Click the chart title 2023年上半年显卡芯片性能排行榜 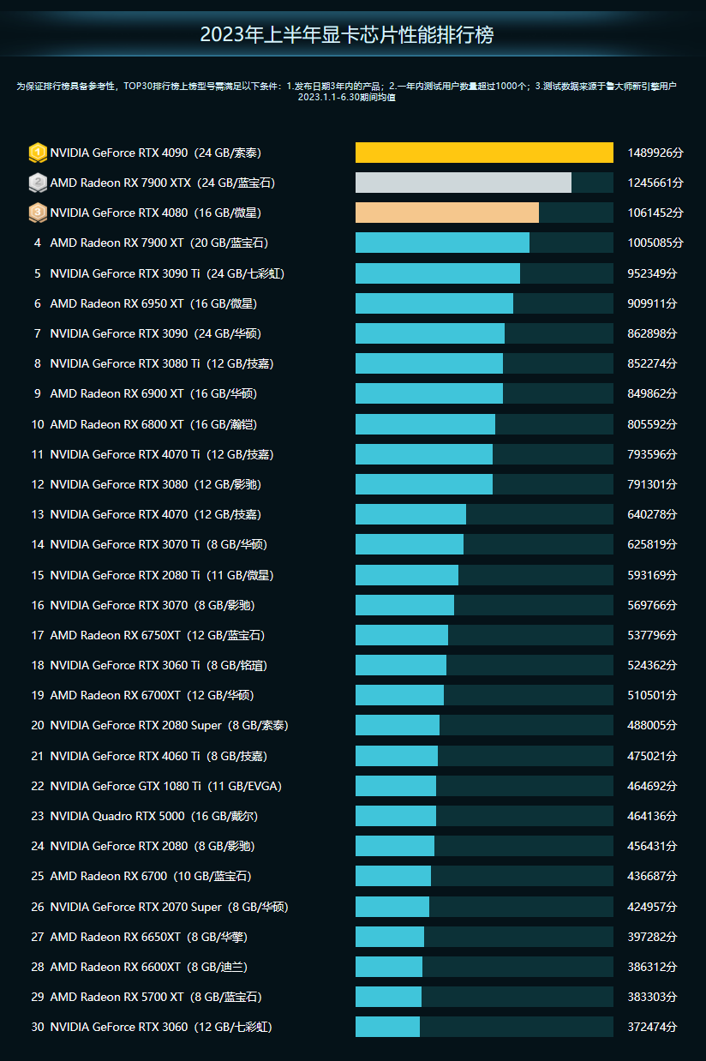pos(346,35)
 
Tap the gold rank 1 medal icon pos(37,153)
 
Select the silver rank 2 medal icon pos(37,183)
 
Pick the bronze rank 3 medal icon pos(37,213)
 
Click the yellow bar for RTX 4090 pos(484,153)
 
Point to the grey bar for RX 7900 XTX pos(463,183)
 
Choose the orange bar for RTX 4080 pos(446,213)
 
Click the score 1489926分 pos(655,153)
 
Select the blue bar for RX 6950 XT pos(434,303)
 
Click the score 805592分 pos(651,424)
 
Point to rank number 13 pos(37,514)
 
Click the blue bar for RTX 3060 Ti pos(400,665)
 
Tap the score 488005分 pos(651,726)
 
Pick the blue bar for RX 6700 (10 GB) pos(392,876)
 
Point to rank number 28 pos(37,967)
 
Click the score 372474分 pos(651,1027)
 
